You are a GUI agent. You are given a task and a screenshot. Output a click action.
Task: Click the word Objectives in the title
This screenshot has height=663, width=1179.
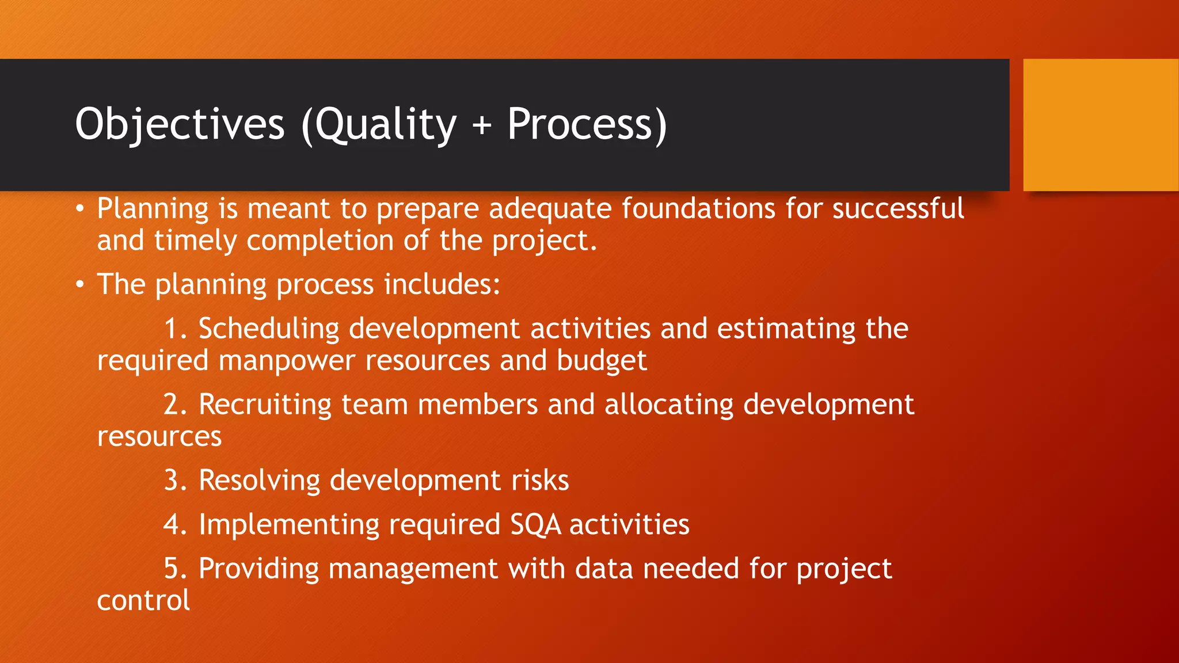(x=180, y=124)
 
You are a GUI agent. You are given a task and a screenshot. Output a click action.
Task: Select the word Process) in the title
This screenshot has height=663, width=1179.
(x=587, y=124)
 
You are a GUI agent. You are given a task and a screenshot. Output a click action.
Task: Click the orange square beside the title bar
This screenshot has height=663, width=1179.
(x=1101, y=125)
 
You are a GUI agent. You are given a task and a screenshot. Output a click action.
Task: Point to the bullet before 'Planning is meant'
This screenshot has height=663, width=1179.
(x=81, y=208)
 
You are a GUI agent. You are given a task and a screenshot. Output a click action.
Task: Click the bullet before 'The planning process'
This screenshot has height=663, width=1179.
(x=81, y=284)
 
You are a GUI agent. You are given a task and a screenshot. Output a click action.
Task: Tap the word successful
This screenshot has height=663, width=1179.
(x=897, y=208)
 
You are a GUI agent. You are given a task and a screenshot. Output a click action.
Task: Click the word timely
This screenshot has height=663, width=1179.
(x=195, y=241)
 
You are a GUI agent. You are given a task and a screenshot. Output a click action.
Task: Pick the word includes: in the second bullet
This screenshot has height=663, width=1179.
(x=442, y=284)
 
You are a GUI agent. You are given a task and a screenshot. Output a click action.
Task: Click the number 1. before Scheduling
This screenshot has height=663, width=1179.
(x=175, y=329)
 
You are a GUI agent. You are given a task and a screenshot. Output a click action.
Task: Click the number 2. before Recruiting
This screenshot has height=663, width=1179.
(x=175, y=405)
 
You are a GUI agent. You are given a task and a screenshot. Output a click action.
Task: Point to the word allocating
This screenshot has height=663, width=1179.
(x=668, y=405)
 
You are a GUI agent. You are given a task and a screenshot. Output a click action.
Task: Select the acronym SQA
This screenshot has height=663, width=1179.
(x=535, y=525)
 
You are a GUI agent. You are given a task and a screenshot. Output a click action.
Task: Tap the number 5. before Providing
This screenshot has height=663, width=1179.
(x=175, y=569)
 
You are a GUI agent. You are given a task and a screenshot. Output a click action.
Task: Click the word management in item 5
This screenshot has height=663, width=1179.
(x=412, y=569)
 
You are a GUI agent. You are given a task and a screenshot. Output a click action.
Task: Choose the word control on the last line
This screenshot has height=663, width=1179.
(x=143, y=601)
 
